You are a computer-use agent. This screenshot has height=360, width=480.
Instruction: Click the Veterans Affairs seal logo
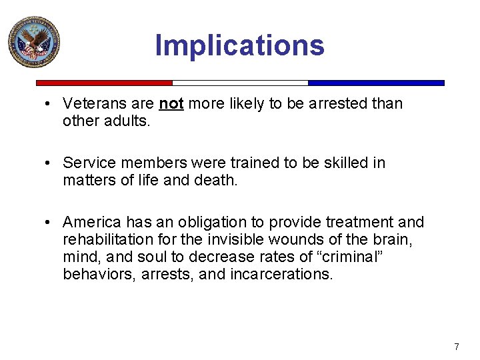(33, 41)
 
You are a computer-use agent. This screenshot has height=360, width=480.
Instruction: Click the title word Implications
(239, 45)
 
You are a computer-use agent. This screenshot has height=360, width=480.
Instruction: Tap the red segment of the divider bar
(104, 83)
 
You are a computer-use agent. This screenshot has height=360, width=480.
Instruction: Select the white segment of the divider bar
(240, 83)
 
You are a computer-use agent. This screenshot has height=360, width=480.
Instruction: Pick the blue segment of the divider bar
(376, 83)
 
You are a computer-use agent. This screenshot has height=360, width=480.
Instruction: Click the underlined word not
(171, 104)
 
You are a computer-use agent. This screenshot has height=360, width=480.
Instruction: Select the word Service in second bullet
(87, 163)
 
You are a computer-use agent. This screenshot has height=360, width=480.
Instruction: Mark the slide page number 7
(456, 347)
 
